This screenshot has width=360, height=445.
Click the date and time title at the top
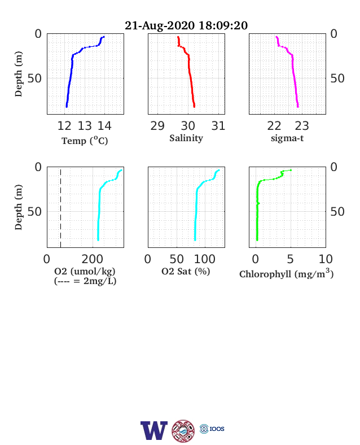tap(186, 25)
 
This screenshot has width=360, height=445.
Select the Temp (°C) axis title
tap(85, 141)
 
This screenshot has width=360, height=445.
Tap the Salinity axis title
tap(186, 138)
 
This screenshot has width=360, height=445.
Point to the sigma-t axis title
tap(287, 138)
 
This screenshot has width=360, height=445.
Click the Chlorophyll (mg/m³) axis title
tap(286, 273)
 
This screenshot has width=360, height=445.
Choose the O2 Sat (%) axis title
tap(186, 271)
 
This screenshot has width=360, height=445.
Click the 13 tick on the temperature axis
tap(85, 126)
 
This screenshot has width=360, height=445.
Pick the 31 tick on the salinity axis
tap(218, 126)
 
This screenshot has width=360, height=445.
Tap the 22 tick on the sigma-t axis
tap(274, 126)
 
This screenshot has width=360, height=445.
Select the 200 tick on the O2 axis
tap(93, 259)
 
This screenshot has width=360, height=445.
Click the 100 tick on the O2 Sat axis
tap(205, 259)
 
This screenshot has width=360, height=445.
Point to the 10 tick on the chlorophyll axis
tap(326, 259)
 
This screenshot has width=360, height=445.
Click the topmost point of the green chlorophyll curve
tap(291, 171)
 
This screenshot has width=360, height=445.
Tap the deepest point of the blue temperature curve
tap(67, 107)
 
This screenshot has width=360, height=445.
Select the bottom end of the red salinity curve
tap(194, 107)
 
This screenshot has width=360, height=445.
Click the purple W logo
tap(154, 430)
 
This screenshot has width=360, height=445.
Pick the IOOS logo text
tap(217, 429)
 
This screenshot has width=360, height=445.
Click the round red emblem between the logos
tap(183, 431)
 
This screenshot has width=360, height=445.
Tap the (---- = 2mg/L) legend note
tap(85, 281)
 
